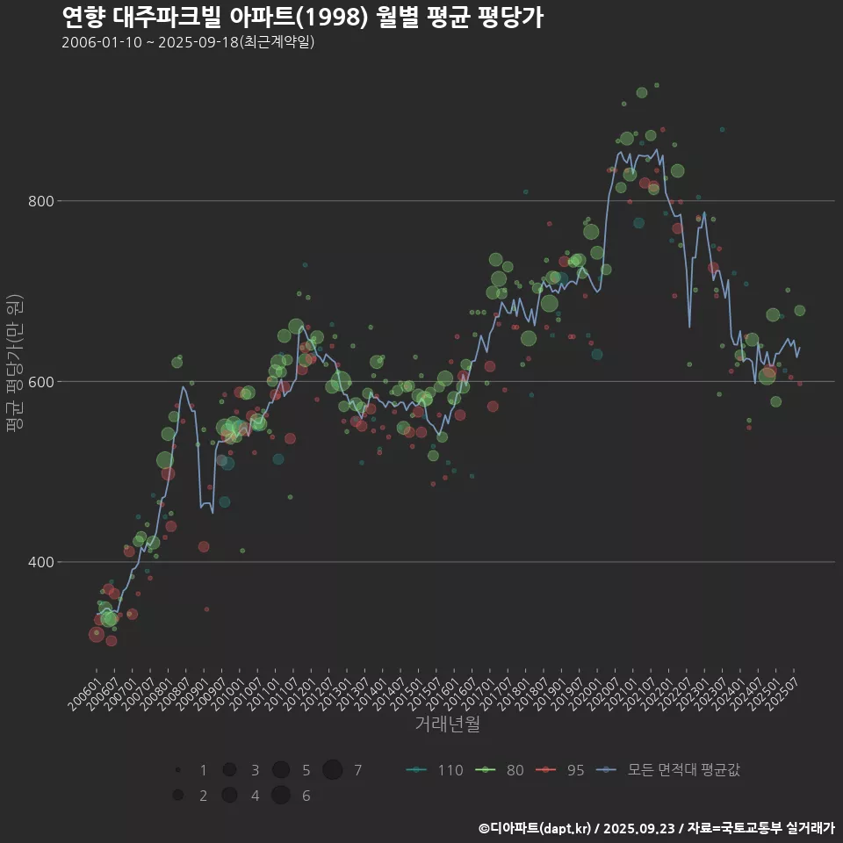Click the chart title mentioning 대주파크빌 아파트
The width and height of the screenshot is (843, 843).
[x=302, y=17]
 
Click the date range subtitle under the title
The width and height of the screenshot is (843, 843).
[x=188, y=42]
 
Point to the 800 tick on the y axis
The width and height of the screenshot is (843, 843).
[x=43, y=201]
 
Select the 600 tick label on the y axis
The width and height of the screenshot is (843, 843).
[x=43, y=382]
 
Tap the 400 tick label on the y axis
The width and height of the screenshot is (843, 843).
[x=43, y=562]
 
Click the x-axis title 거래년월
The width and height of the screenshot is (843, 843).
[x=447, y=724]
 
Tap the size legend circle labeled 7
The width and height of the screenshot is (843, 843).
[x=333, y=770]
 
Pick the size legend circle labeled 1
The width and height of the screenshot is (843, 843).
[x=178, y=770]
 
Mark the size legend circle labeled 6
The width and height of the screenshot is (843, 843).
[x=281, y=796]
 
